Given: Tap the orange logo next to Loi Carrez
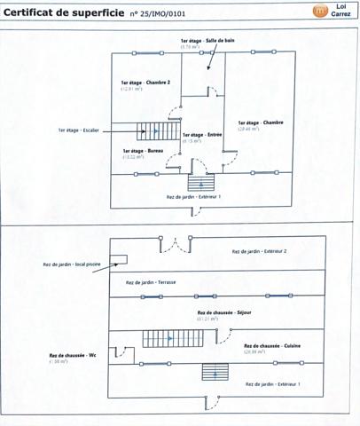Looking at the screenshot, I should (x=320, y=12).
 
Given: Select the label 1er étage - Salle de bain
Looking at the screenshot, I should (x=206, y=42).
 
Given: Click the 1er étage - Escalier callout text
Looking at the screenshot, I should (x=80, y=130).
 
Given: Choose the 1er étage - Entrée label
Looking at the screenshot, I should (x=201, y=135).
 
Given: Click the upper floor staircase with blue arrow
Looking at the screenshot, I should (x=153, y=131).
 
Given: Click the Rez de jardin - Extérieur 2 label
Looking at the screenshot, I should (x=259, y=251).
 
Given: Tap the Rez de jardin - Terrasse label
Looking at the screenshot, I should (x=156, y=281).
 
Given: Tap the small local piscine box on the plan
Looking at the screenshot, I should (x=120, y=260).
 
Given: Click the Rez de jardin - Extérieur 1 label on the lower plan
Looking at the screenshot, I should (x=273, y=383).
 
